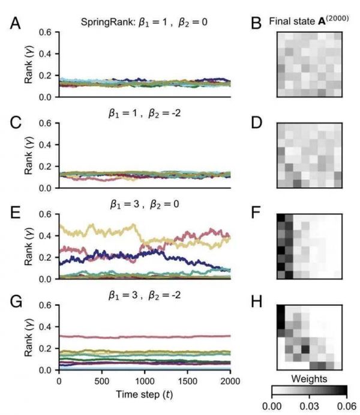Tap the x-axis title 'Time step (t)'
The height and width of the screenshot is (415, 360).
tap(145, 396)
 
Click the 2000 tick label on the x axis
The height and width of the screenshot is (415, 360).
tap(231, 381)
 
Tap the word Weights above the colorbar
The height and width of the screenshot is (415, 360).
tap(309, 378)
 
